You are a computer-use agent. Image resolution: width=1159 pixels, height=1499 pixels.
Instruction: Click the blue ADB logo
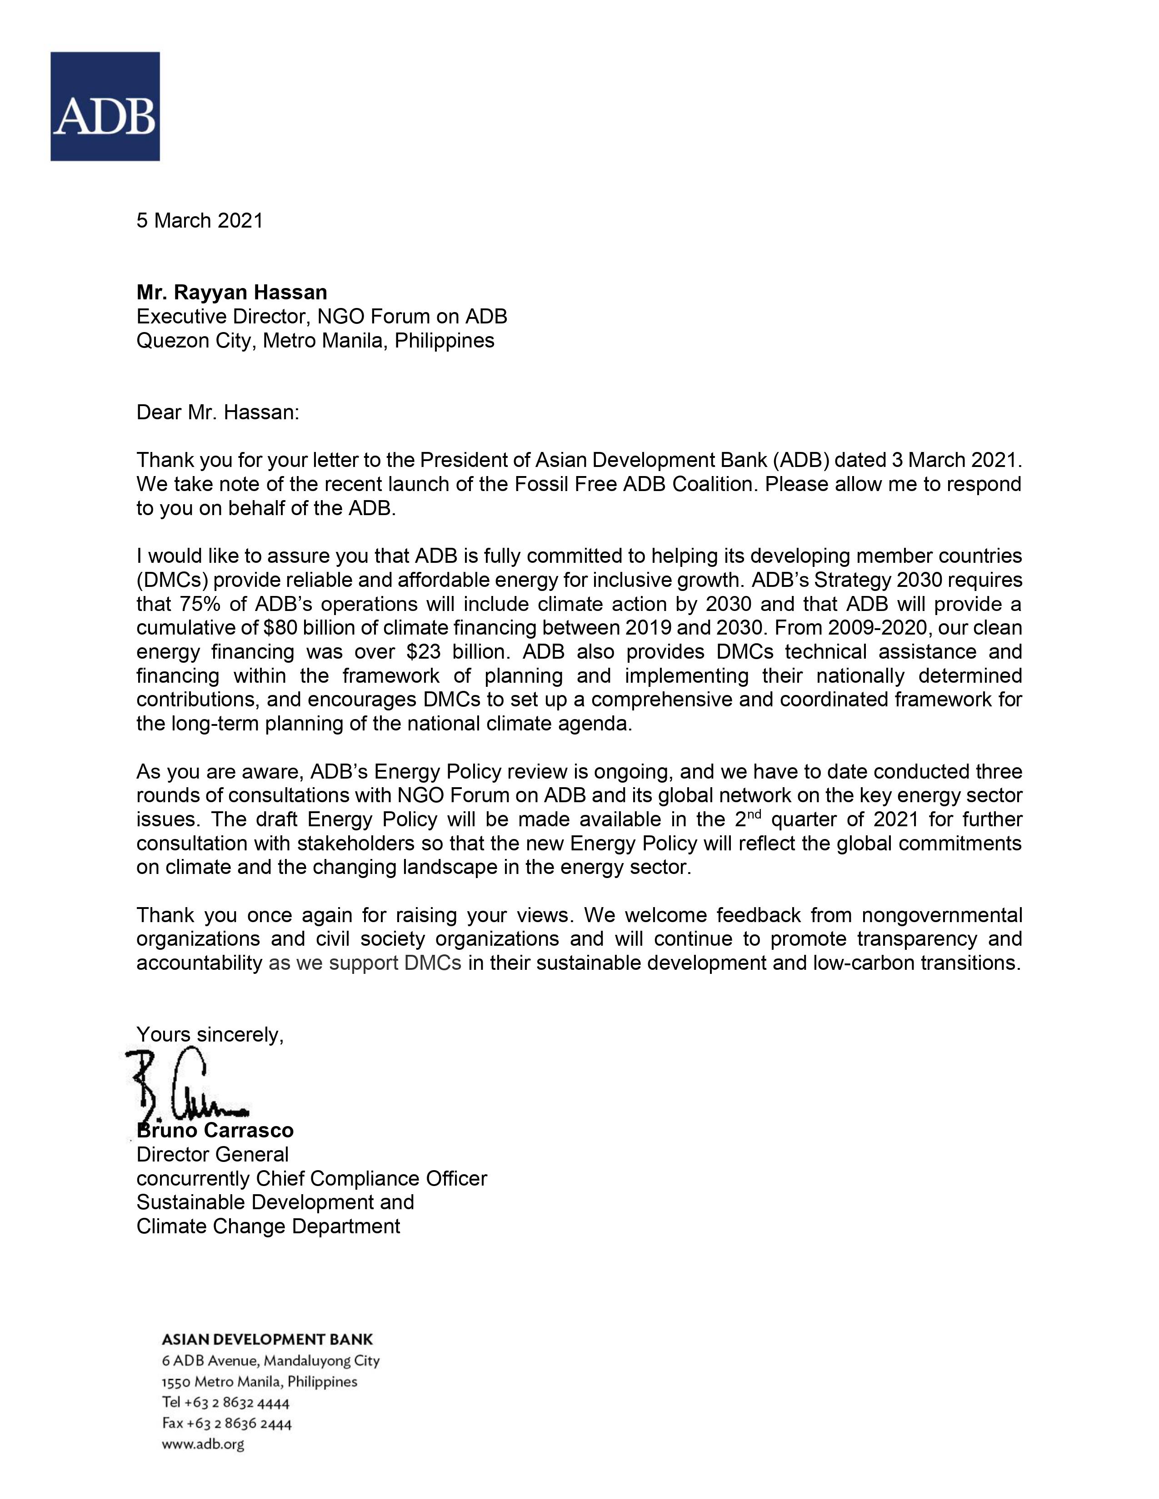(x=105, y=106)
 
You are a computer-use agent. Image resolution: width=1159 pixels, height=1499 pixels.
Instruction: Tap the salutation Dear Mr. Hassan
(x=218, y=412)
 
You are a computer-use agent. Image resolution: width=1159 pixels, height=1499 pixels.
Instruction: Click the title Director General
(x=212, y=1154)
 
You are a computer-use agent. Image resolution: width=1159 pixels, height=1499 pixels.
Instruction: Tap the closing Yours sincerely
(x=210, y=1034)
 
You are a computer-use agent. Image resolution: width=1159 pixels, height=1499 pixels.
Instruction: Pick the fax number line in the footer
(x=227, y=1423)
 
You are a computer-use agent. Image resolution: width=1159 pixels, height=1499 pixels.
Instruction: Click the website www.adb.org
(x=203, y=1444)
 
